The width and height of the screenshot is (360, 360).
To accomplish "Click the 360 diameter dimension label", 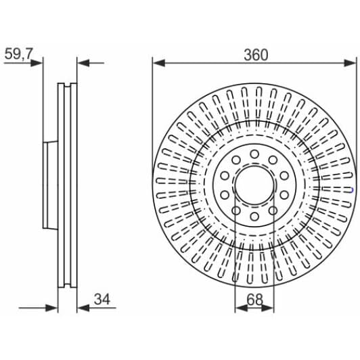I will click(x=254, y=55).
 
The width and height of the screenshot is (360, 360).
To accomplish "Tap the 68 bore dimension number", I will click(x=254, y=298).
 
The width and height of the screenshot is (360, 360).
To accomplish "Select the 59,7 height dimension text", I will click(x=18, y=55).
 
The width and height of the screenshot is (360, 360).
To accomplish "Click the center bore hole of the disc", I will click(x=254, y=185).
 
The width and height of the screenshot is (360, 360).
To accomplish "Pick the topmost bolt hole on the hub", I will click(x=254, y=154).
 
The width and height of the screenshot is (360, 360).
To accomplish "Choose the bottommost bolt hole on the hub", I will click(x=254, y=217).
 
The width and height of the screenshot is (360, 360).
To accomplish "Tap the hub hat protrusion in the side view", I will click(x=50, y=185).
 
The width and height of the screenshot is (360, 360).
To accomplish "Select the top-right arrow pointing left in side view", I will click(x=84, y=63).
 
